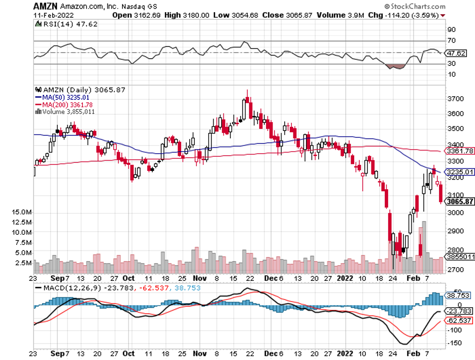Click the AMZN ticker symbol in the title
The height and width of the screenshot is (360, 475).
coord(45,6)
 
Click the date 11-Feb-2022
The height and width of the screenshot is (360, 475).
coord(52,15)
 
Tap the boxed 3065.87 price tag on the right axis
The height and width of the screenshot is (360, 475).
coord(459,201)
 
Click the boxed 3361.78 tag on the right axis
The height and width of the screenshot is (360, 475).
coord(459,151)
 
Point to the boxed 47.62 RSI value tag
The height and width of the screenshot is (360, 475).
coord(455,53)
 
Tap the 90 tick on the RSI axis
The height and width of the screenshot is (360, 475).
coord(451,29)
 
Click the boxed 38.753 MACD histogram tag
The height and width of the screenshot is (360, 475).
coord(458,295)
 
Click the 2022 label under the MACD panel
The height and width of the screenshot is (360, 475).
coord(344,355)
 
